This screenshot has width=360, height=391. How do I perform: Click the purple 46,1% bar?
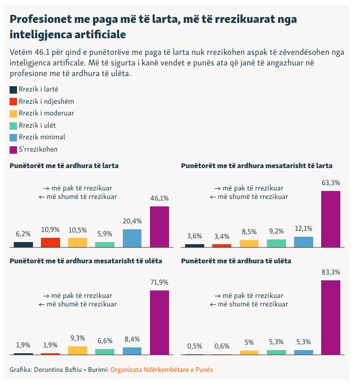click(x=160, y=227)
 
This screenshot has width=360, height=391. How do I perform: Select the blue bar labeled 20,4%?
click(x=132, y=238)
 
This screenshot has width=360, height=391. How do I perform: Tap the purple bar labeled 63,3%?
click(x=331, y=219)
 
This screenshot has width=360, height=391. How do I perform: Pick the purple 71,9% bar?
click(x=160, y=322)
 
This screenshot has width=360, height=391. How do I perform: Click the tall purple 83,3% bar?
click(x=331, y=318)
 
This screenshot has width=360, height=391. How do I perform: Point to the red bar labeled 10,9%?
click(x=51, y=243)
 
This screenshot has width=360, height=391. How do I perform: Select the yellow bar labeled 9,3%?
click(x=78, y=350)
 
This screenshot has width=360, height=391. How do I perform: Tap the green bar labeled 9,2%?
click(x=276, y=243)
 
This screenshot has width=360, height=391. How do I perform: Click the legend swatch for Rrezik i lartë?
click(x=14, y=89)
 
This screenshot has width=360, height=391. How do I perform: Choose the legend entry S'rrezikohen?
click(x=38, y=149)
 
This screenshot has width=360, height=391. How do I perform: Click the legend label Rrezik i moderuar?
click(x=46, y=113)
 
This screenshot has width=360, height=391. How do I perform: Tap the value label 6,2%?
click(x=23, y=234)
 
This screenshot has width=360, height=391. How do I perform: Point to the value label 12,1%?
click(x=303, y=229)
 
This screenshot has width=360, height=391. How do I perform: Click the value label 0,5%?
click(x=194, y=346)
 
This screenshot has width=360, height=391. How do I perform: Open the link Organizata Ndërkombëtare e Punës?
click(x=161, y=370)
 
